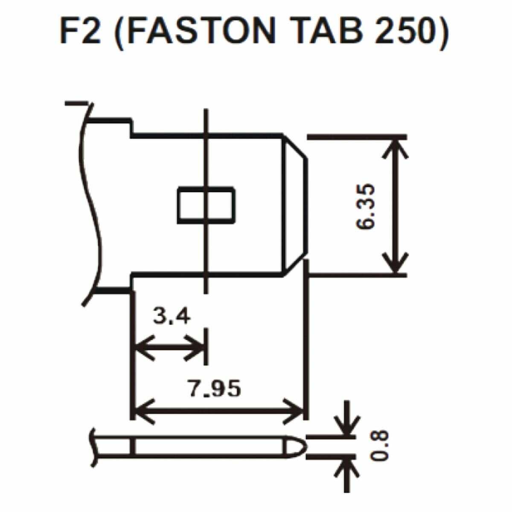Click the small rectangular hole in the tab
point(206,205)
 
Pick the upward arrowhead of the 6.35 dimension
point(396,149)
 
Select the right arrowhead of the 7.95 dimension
point(293,411)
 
